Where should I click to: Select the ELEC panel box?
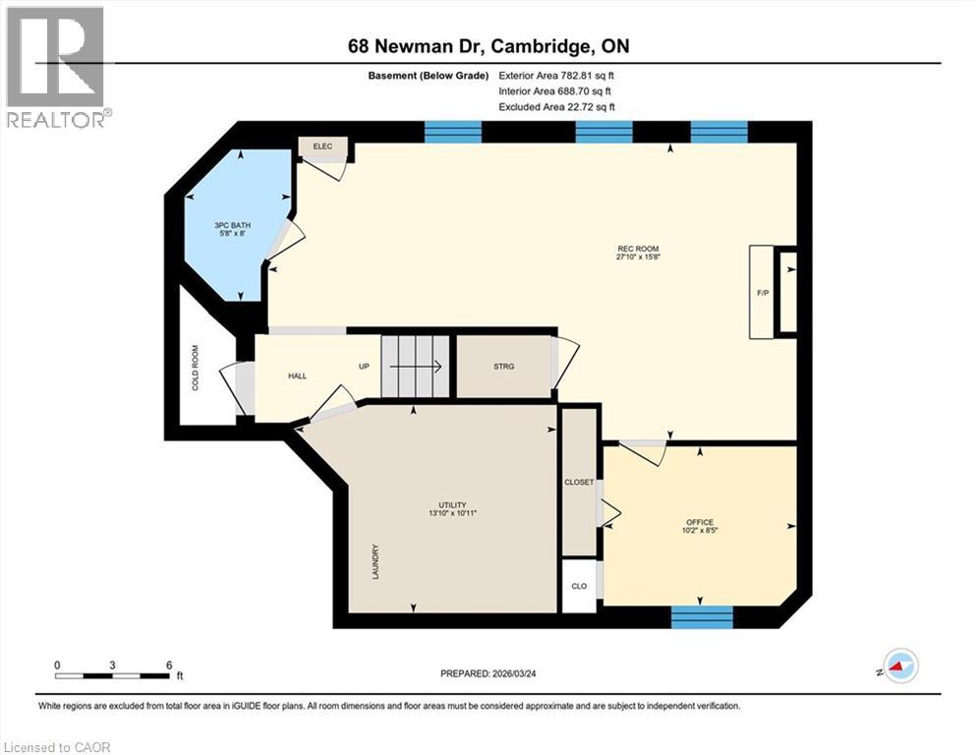tap(323, 146)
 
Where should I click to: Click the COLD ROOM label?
tap(196, 367)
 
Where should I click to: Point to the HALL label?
tap(298, 376)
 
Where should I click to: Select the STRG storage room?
tap(503, 366)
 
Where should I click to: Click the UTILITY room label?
tap(453, 508)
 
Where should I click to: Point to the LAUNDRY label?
tap(375, 561)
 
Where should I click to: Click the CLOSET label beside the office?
tap(578, 482)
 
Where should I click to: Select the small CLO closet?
tap(579, 586)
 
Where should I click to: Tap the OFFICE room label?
tap(700, 526)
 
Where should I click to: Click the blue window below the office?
tap(702, 617)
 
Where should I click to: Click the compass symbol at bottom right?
tap(898, 667)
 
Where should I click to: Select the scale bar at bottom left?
tap(113, 674)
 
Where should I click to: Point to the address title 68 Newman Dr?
tap(488, 45)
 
